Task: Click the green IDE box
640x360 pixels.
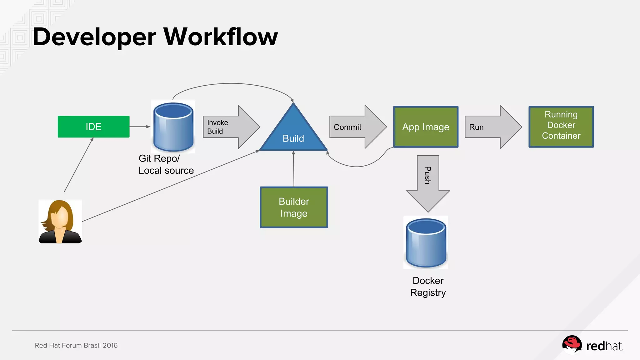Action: pyautogui.click(x=93, y=127)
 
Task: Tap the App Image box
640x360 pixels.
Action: pyautogui.click(x=426, y=127)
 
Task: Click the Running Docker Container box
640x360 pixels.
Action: pyautogui.click(x=561, y=127)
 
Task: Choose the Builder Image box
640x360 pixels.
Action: pyautogui.click(x=294, y=207)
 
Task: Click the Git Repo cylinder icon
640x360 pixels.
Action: pyautogui.click(x=173, y=127)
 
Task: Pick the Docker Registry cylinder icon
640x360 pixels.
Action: pyautogui.click(x=426, y=243)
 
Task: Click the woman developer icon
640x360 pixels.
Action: pyautogui.click(x=60, y=222)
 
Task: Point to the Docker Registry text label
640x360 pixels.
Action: pyautogui.click(x=428, y=287)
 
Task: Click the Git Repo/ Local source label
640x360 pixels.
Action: pyautogui.click(x=166, y=164)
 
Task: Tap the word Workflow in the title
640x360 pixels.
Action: pyautogui.click(x=220, y=37)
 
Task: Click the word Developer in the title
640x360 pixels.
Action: pyautogui.click(x=94, y=37)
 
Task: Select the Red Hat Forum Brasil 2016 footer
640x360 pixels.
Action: pyautogui.click(x=76, y=345)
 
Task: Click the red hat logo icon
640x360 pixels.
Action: pyautogui.click(x=572, y=345)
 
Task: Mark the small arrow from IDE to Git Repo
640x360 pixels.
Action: pyautogui.click(x=140, y=127)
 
